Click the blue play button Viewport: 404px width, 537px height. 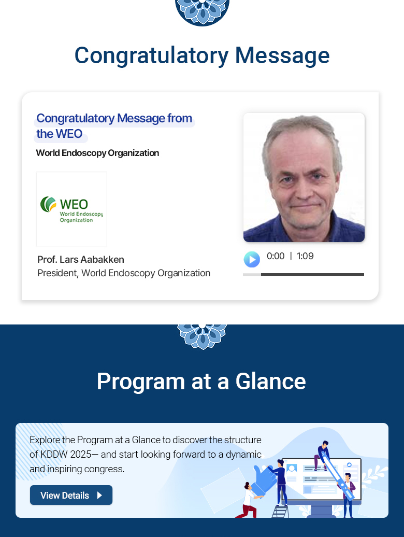[252, 259]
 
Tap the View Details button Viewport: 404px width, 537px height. [71, 495]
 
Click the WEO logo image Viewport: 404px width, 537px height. [71, 209]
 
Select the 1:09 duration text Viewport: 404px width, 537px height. [305, 256]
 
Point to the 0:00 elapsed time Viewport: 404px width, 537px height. [276, 256]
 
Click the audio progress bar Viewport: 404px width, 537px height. [304, 274]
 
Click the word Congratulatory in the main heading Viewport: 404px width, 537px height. [152, 56]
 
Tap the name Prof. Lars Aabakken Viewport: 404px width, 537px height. [81, 260]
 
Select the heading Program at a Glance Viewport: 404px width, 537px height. [201, 381]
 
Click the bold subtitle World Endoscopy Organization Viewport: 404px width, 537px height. [97, 153]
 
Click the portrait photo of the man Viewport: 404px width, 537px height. [304, 177]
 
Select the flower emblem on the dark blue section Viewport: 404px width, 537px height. [202, 336]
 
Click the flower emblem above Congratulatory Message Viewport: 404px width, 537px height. [202, 12]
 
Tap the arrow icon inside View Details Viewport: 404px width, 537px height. [99, 495]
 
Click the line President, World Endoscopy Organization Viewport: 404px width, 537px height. [124, 273]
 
